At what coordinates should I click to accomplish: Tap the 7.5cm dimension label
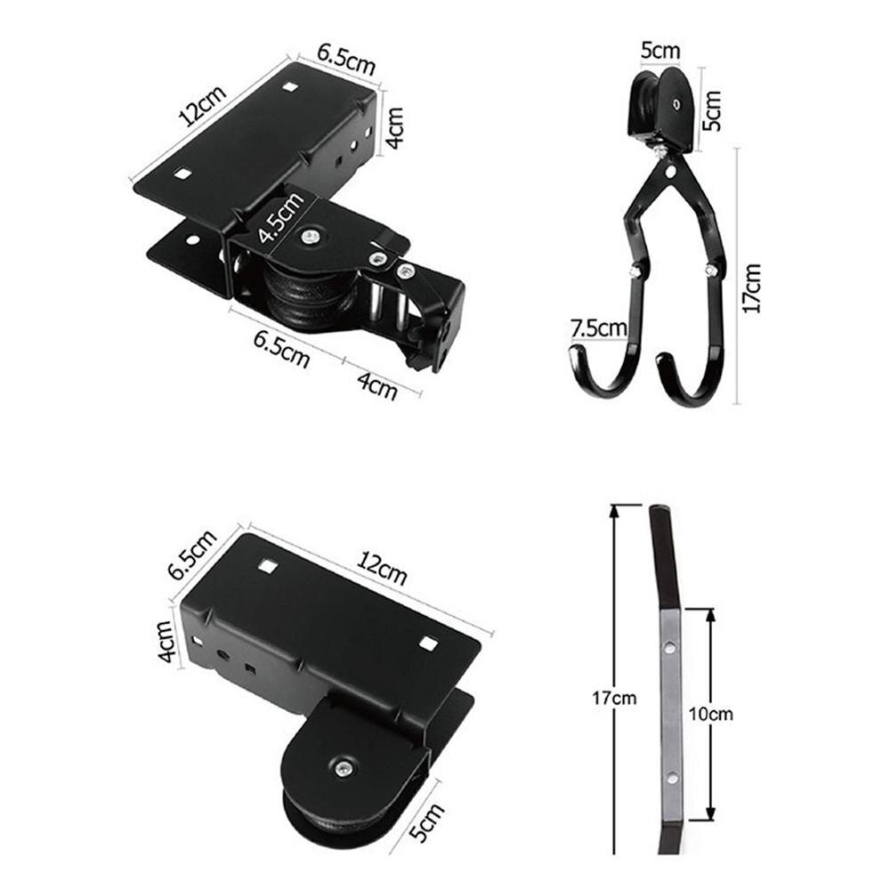[598, 328]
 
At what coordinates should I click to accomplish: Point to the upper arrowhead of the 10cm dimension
[709, 613]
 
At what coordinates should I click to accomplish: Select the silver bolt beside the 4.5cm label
[310, 237]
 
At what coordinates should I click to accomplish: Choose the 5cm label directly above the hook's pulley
[660, 51]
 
